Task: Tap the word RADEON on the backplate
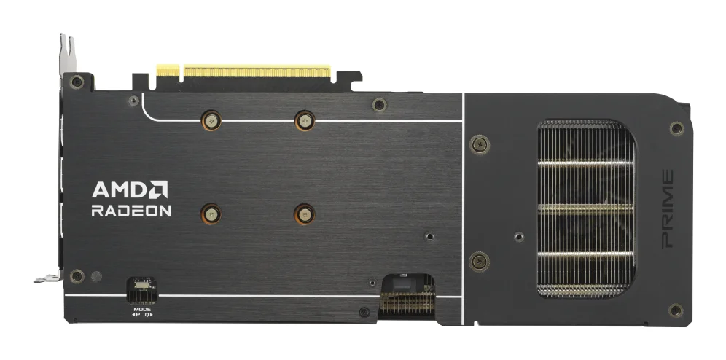coord(131,211)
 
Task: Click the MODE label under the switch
coord(141,309)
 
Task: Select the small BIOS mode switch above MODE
coord(141,290)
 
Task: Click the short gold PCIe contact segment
coord(167,71)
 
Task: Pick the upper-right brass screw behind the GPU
coord(303,120)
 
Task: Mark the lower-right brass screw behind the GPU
coord(303,212)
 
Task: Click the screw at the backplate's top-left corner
coord(77,82)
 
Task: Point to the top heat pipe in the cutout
coord(585,161)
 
